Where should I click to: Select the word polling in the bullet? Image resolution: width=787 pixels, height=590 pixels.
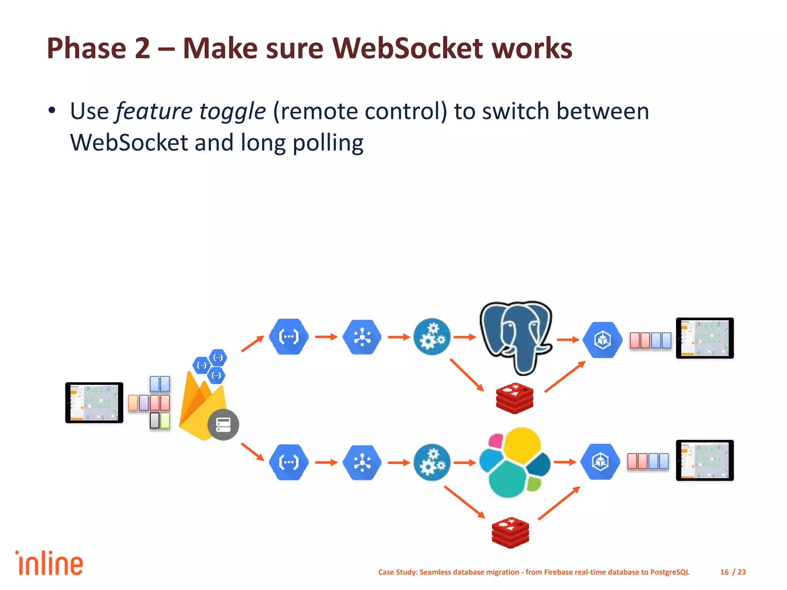(x=328, y=143)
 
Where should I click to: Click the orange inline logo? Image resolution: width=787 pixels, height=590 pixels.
(x=49, y=563)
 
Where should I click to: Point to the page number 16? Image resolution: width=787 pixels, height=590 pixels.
(x=724, y=572)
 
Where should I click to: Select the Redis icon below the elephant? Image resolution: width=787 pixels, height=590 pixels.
(x=514, y=398)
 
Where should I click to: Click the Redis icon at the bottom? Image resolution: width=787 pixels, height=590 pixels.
(x=510, y=532)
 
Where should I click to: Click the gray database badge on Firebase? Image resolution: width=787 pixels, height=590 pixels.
(x=223, y=424)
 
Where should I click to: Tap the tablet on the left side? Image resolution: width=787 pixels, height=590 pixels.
(x=94, y=403)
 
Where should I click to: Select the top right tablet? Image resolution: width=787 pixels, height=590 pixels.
(x=705, y=338)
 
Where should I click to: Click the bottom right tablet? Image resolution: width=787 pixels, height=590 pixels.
(x=705, y=460)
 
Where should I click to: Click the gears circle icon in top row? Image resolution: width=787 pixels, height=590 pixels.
(x=432, y=337)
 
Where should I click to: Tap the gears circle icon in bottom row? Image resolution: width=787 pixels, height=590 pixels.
(x=432, y=462)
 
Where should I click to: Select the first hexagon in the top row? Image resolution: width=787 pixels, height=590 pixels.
(x=289, y=337)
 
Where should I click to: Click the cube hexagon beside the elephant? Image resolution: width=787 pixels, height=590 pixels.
(x=602, y=340)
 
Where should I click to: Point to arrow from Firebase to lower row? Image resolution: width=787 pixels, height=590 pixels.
(x=252, y=451)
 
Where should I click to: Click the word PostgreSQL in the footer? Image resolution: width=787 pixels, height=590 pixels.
(x=669, y=572)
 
